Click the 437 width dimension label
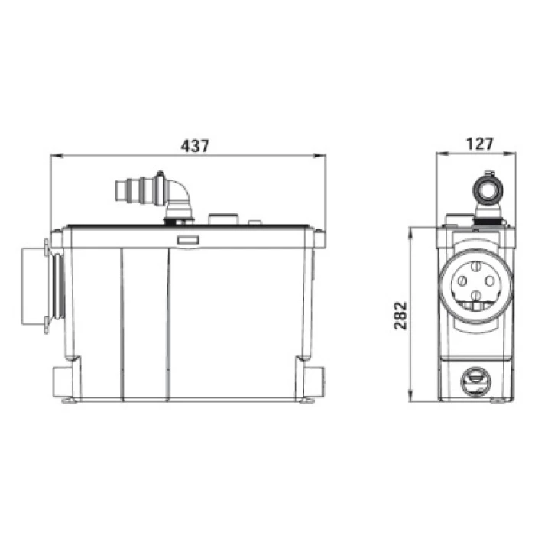194,146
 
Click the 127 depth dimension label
479,144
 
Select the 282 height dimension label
400,315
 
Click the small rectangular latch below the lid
188,240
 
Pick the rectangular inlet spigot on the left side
33,286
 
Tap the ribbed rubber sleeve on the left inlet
59,286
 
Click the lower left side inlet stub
62,381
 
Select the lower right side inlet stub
315,381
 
